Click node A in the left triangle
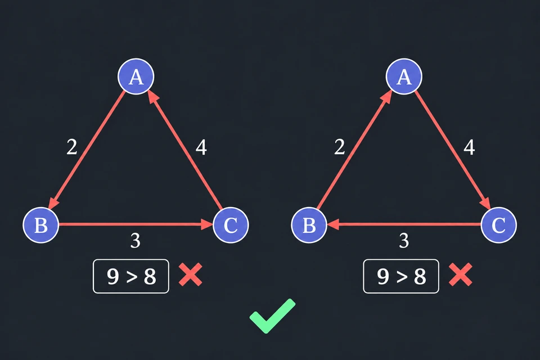pos(136,76)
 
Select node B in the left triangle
pos(41,226)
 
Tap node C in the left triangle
pos(231,226)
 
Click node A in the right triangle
pos(404,76)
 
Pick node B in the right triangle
pos(309,226)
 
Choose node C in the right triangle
pos(499,226)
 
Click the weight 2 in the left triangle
pos(71,147)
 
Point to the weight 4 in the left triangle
pos(201,147)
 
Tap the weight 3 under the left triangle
pos(136,240)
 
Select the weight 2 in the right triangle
pos(340,147)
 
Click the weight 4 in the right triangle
pos(469,147)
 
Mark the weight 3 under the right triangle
pos(404,240)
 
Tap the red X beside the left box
pos(191,274)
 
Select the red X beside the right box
pos(461,274)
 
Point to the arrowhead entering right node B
pos(333,224)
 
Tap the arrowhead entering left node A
pos(153,96)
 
